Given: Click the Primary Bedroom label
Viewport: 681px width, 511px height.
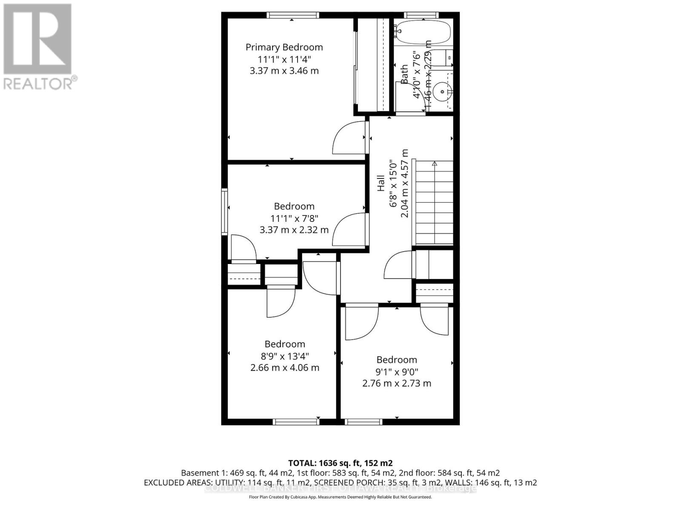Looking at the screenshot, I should pos(284,47).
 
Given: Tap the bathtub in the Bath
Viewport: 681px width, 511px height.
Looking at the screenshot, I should pos(422,32).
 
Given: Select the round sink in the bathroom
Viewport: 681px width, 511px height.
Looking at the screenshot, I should pos(443,91).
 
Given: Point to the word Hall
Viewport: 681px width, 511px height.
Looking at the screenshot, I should pos(381,183).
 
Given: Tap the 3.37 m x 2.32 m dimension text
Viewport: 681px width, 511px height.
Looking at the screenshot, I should pos(294,230).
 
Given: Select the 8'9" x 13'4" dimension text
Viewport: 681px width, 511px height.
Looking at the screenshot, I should pos(285,356).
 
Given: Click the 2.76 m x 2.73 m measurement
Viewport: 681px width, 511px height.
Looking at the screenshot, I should pos(396,383).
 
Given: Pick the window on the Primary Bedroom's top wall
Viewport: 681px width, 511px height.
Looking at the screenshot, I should pos(293,15).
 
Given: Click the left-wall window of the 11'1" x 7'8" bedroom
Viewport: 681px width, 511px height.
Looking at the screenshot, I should pos(224,212).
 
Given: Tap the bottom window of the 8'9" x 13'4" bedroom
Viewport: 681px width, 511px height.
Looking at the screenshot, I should pos(296,422).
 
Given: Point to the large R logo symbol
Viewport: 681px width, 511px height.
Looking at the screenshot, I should pos(37,39).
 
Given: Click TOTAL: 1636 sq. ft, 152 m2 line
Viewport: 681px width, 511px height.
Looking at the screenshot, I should pos(340,463).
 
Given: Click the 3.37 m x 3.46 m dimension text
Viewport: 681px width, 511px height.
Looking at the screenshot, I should pos(284,71).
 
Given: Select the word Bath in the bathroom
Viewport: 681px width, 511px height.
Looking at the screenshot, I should pos(404,74).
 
